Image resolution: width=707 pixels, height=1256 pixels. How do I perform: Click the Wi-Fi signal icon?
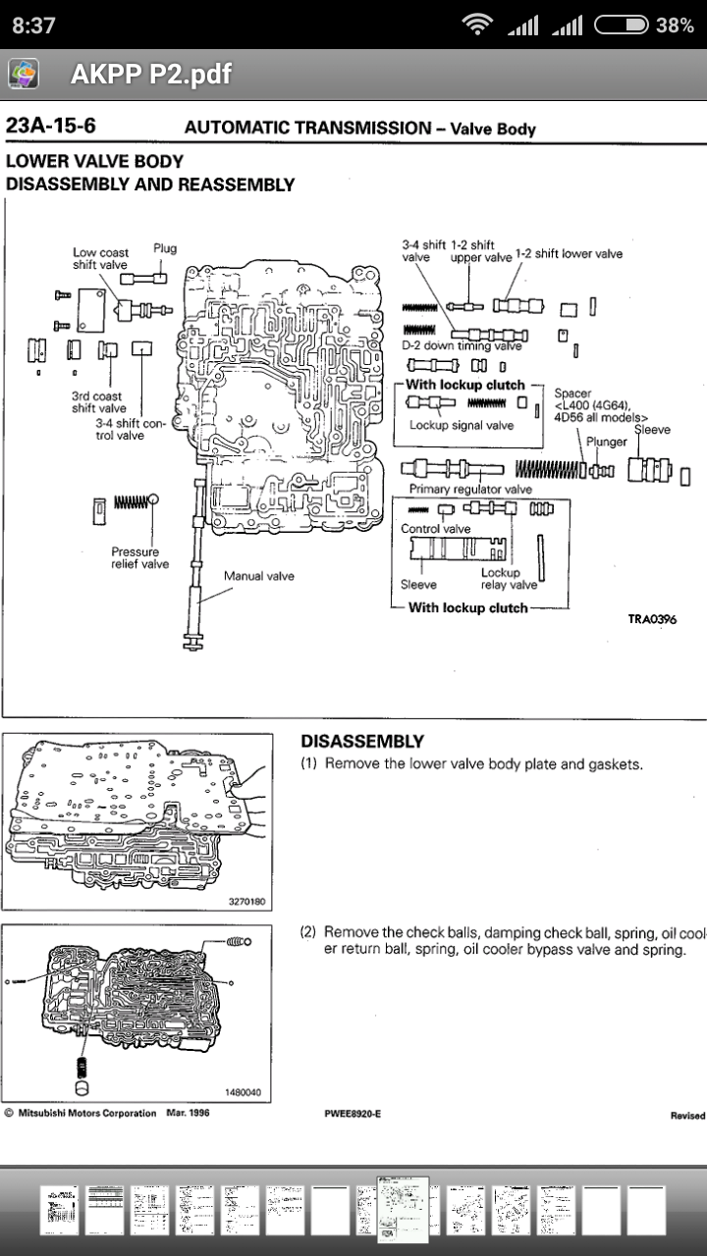point(477,26)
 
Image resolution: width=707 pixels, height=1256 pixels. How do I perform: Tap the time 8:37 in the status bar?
point(33,26)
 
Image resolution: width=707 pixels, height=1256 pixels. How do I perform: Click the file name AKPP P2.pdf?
point(151,75)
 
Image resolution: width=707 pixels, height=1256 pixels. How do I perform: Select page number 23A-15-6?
point(51,127)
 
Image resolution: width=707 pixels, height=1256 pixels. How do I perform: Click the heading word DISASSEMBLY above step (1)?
point(362,741)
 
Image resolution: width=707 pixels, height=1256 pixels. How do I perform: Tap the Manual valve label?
point(258,576)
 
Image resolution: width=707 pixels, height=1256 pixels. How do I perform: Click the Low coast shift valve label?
point(100,259)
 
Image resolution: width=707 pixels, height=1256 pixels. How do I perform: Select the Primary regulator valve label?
point(470,489)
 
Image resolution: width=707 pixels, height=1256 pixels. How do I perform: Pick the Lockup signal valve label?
point(462,426)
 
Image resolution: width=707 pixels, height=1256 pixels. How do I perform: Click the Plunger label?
point(606,442)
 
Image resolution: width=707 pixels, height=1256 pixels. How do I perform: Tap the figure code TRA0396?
point(652,619)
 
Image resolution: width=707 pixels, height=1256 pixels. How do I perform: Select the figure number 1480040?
point(243,1092)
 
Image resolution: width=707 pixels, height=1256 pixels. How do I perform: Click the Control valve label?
point(436,529)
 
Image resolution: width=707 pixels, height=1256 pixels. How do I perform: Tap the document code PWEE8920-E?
point(353,1114)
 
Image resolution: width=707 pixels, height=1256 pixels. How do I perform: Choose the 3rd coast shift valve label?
point(99,402)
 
